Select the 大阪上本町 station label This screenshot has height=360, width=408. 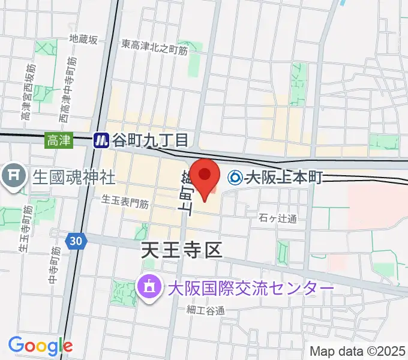284,178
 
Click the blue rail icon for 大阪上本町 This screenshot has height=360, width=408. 235,178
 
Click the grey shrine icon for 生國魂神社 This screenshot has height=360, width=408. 13,176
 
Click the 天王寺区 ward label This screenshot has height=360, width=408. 182,250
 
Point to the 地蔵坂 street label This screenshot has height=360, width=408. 83,40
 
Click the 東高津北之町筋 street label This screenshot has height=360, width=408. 154,47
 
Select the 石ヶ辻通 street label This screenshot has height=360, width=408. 279,218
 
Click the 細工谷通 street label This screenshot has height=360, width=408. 205,310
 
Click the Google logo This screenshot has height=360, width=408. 40,345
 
